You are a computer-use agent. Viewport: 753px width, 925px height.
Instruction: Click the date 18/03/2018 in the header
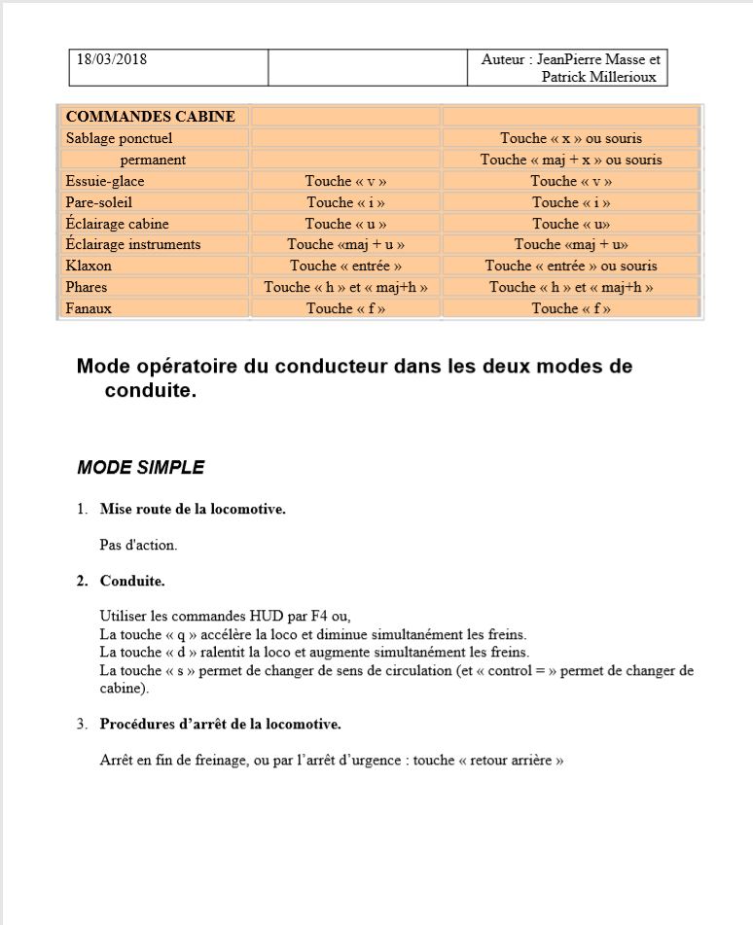point(112,59)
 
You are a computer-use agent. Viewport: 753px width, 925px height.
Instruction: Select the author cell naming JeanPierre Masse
point(569,68)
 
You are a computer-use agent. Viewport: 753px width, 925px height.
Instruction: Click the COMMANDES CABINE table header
point(150,117)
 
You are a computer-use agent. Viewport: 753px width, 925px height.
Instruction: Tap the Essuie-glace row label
point(105,181)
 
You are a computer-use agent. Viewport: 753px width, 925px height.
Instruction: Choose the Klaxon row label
point(89,266)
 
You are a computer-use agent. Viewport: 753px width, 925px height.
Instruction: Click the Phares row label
point(87,287)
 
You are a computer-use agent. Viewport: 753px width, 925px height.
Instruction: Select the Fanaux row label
point(89,308)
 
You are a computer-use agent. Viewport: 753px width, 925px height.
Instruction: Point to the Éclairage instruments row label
point(133,244)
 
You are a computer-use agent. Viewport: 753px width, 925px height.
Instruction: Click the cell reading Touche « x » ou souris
point(571,138)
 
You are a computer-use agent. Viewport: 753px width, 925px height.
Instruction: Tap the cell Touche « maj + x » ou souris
point(571,160)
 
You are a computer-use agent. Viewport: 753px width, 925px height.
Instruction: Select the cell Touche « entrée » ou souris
point(571,266)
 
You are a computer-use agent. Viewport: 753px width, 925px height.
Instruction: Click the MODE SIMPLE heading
point(141,468)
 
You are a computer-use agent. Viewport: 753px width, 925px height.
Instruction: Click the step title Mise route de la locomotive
point(193,509)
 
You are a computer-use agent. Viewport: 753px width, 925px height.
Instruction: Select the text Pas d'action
point(138,545)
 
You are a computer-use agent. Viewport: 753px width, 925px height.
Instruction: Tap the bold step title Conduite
point(132,581)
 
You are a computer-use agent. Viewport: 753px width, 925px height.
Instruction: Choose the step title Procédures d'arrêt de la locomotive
point(220,724)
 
